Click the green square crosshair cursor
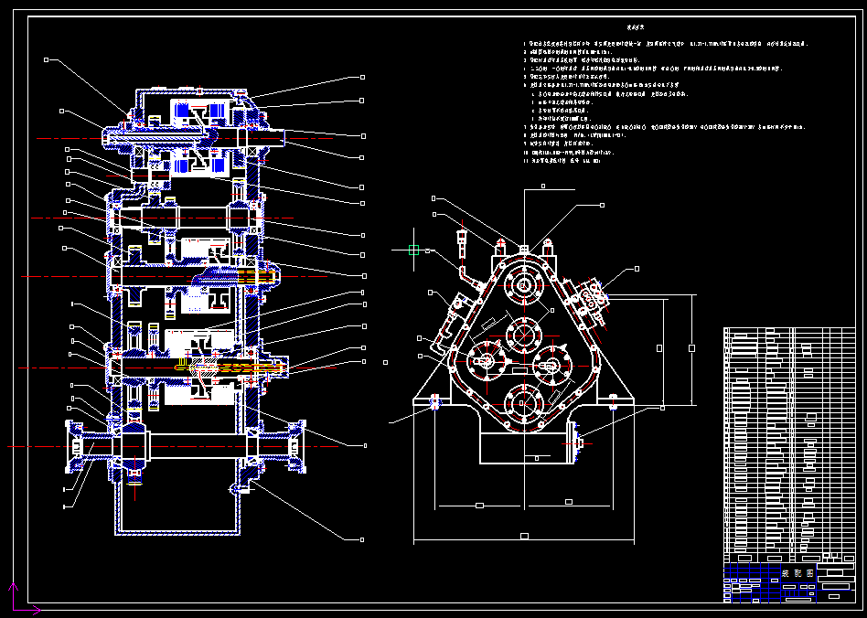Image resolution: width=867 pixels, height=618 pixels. click(x=413, y=249)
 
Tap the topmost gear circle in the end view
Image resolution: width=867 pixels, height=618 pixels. click(x=524, y=286)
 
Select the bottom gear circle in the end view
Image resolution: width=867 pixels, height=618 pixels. click(x=524, y=402)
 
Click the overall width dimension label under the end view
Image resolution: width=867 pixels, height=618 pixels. click(x=524, y=536)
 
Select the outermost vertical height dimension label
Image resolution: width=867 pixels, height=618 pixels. click(x=691, y=347)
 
